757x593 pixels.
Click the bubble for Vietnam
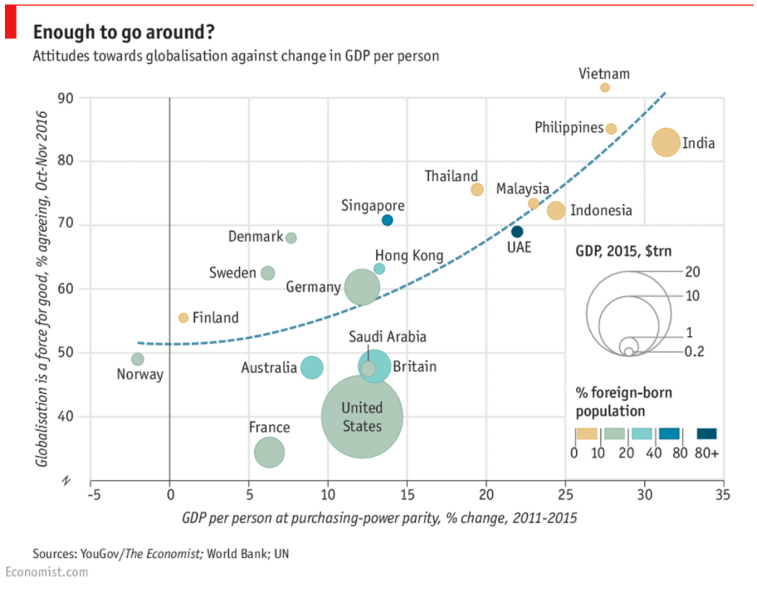click(x=605, y=87)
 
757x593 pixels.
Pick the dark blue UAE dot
click(x=517, y=232)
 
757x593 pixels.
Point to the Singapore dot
click(x=387, y=220)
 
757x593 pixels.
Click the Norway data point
click(x=138, y=360)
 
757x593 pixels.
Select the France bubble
click(x=269, y=452)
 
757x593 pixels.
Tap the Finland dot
click(x=183, y=317)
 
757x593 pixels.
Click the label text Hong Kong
click(x=409, y=256)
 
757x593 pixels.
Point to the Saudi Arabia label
click(x=387, y=336)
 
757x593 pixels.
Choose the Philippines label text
click(x=569, y=128)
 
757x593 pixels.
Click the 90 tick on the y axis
click(x=66, y=98)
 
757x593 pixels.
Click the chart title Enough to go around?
click(x=124, y=32)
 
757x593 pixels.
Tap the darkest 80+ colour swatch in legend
click(x=706, y=434)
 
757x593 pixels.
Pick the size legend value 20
click(x=694, y=272)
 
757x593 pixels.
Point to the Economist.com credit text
click(x=46, y=572)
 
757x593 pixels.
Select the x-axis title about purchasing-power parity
click(x=379, y=518)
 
